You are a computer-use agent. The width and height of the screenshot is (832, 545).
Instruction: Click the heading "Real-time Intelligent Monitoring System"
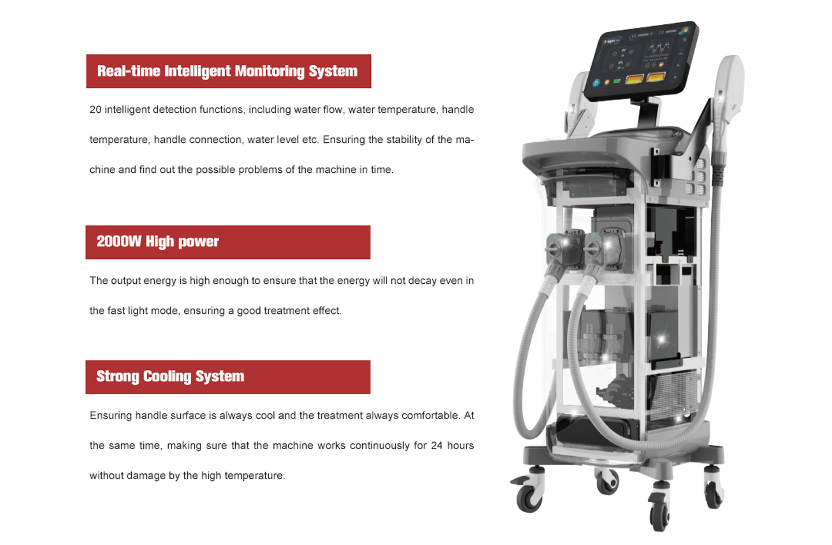(227, 71)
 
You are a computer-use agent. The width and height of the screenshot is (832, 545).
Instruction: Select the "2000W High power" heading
(158, 242)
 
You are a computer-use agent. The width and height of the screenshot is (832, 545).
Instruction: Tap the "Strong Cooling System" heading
(170, 376)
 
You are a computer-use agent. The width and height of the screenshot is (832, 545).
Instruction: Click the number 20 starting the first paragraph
(95, 110)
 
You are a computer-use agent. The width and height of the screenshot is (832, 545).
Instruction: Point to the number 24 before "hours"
(436, 446)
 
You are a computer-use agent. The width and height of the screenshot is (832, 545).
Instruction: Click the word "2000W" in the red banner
(119, 242)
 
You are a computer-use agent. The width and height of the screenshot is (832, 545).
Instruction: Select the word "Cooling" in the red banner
(167, 377)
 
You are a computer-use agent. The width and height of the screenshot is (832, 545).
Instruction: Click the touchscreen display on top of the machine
(641, 61)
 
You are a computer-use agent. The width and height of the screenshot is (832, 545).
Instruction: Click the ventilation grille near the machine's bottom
(674, 395)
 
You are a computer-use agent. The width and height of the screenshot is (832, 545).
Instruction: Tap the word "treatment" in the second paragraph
(287, 311)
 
